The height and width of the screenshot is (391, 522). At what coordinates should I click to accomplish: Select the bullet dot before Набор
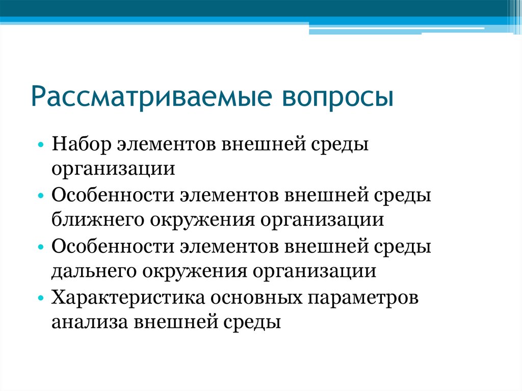pos(41,145)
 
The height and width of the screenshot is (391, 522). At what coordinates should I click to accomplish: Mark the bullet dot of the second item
pos(41,196)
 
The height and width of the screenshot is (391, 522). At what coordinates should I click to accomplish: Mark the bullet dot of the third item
pos(41,247)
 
